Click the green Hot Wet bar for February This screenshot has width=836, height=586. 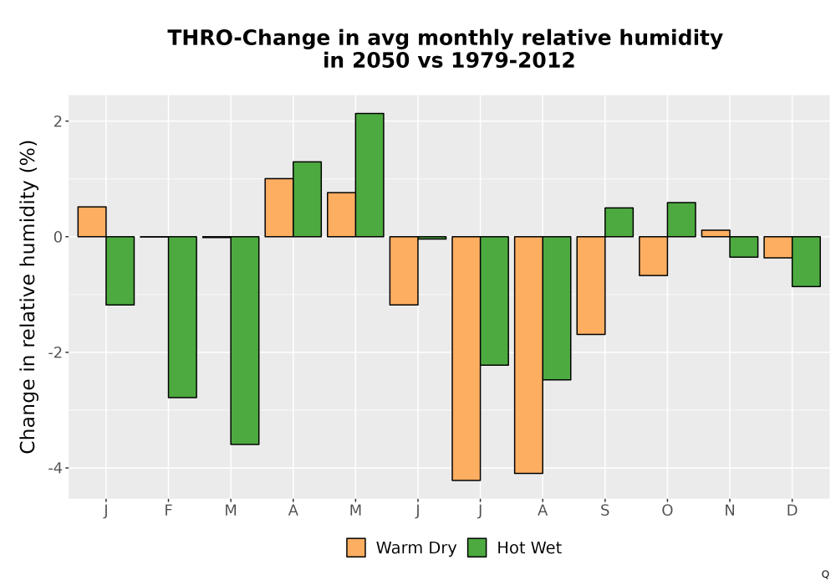182,317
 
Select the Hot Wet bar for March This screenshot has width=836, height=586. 245,341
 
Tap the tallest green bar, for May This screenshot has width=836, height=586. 370,175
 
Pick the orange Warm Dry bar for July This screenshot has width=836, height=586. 466,358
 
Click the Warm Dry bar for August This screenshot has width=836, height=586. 528,355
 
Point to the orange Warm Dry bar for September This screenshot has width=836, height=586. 591,285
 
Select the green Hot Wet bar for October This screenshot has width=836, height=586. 681,219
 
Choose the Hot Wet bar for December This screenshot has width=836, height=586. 806,261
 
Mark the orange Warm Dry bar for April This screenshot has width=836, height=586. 279,208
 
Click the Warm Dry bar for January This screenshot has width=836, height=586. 92,222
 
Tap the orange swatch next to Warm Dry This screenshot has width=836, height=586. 355,547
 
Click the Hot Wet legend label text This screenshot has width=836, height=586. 529,547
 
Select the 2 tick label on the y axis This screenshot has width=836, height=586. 59,121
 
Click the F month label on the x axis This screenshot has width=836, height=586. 169,511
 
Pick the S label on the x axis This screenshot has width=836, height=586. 604,511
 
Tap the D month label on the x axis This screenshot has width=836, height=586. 792,511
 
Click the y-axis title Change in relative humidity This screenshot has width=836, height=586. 28,296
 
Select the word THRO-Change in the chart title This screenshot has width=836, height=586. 249,38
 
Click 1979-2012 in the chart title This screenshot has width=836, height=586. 513,59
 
